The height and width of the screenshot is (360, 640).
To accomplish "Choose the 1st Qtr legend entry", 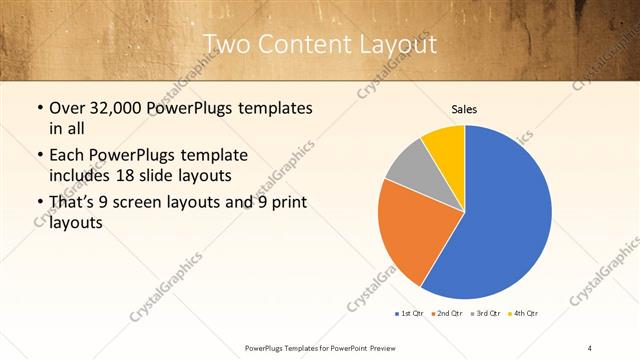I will click(409, 314).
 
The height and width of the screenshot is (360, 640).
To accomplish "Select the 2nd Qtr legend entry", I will click(446, 314).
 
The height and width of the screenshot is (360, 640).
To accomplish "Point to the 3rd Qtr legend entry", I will click(485, 314).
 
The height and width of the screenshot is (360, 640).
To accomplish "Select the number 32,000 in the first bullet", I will click(114, 107).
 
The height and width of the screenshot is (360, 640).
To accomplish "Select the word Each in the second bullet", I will click(66, 156).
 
